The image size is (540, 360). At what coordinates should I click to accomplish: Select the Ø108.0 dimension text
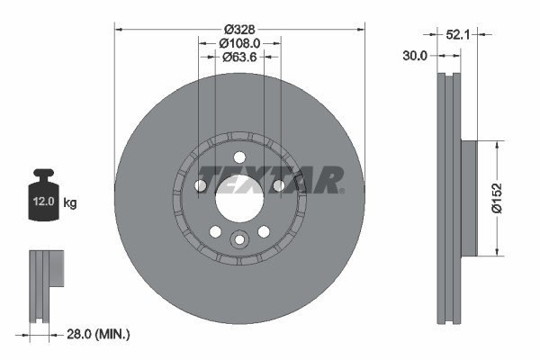coord(239,41)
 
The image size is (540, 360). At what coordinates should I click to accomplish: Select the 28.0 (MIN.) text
coord(98,334)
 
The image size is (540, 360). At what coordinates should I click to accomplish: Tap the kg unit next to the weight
coord(70,203)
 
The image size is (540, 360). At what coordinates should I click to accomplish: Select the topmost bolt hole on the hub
coord(239,157)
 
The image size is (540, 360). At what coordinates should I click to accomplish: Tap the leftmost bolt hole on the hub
coord(201,186)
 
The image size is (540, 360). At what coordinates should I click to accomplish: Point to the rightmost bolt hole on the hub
coord(279,185)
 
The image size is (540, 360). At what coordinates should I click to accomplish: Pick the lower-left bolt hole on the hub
coord(215,231)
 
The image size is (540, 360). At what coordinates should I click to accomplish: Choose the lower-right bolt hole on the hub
coord(264,231)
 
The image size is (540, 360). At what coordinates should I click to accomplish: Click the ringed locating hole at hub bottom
coord(239,239)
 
